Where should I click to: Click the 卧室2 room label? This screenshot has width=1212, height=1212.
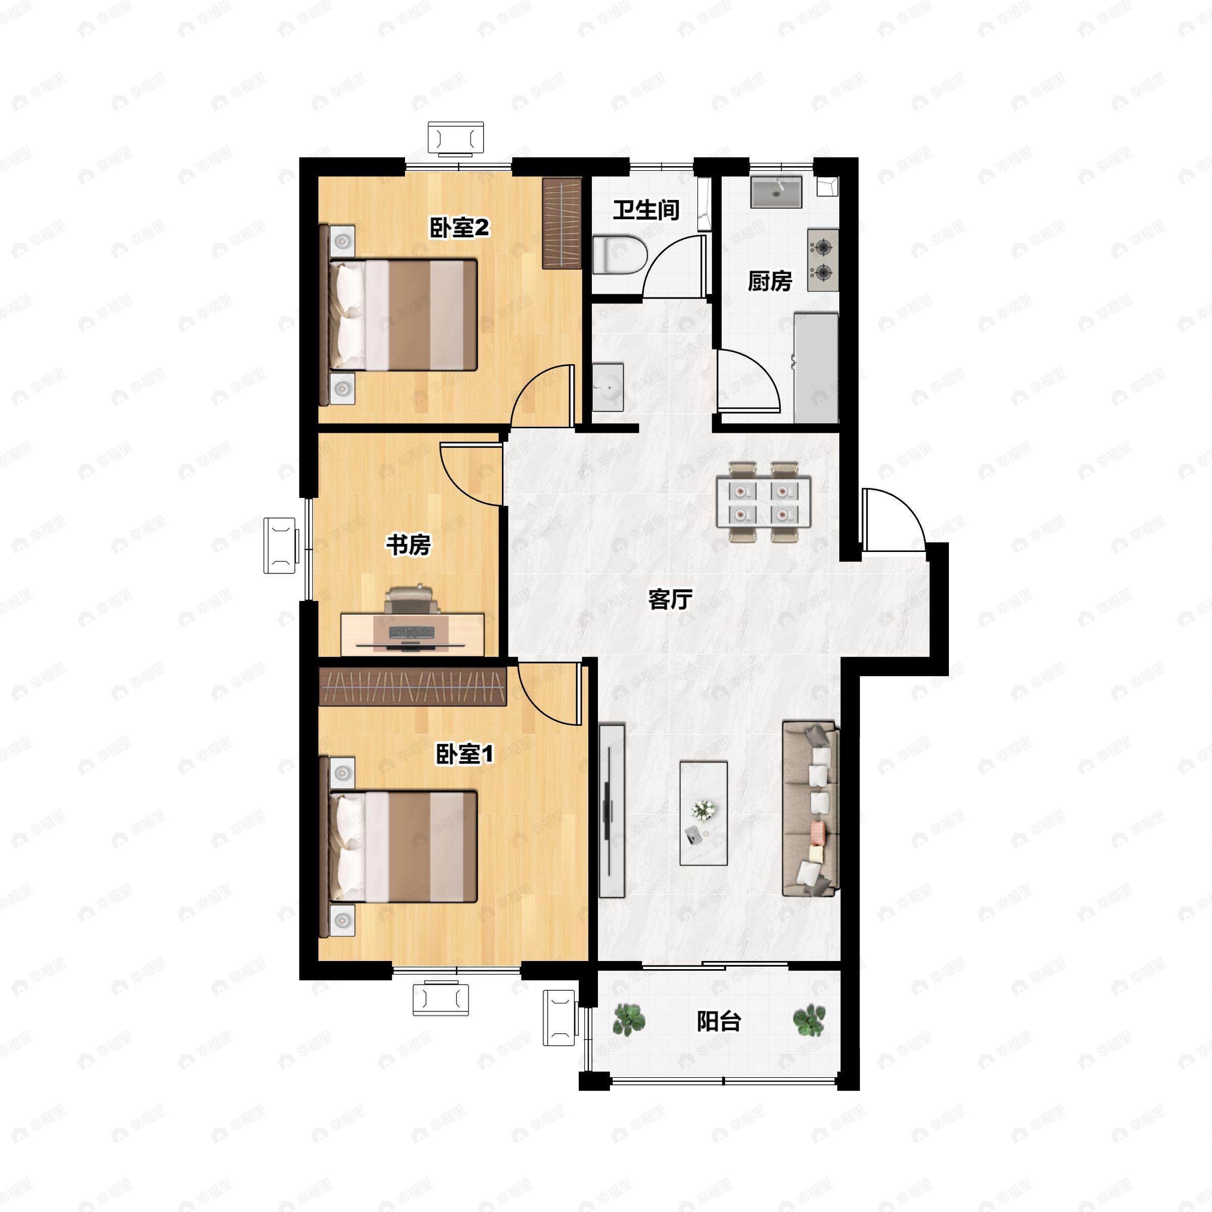click(459, 227)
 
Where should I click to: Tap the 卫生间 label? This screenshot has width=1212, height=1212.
click(646, 210)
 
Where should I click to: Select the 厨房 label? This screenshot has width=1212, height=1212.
click(770, 281)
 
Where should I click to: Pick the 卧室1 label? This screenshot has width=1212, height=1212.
click(465, 753)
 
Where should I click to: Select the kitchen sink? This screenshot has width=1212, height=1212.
click(777, 192)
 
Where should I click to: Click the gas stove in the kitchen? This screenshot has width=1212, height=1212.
click(823, 260)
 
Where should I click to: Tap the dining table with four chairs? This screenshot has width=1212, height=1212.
click(764, 502)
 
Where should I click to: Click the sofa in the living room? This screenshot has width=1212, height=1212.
click(811, 809)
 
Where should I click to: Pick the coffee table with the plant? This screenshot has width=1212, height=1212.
click(704, 814)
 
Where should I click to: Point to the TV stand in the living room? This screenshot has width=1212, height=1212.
click(612, 810)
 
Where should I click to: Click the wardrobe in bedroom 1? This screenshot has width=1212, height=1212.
click(412, 687)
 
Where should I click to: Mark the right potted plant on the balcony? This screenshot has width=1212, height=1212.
click(809, 1020)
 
